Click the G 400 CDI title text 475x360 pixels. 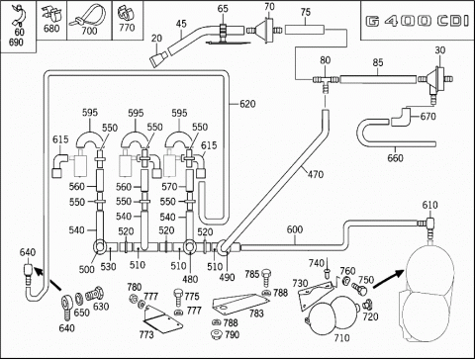pyautogui.click(x=418, y=22)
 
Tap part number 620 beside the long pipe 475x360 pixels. pyautogui.click(x=247, y=104)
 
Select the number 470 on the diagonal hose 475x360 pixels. pyautogui.click(x=316, y=174)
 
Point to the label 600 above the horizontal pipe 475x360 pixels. pyautogui.click(x=295, y=229)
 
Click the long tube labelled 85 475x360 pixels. pyautogui.click(x=378, y=79)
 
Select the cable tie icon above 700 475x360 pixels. pyautogui.click(x=88, y=16)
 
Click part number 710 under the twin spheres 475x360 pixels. pyautogui.click(x=341, y=338)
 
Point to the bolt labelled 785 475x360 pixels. pyautogui.click(x=266, y=278)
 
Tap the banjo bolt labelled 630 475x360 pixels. pyautogui.click(x=95, y=294)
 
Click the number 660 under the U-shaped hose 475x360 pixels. pyautogui.click(x=395, y=158)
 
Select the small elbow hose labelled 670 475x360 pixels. pyautogui.click(x=401, y=117)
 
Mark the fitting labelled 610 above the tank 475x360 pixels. pyautogui.click(x=428, y=227)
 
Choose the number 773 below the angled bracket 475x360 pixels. pyautogui.click(x=146, y=335)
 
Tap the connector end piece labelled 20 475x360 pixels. pyautogui.click(x=157, y=58)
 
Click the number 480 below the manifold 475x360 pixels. pyautogui.click(x=190, y=279)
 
